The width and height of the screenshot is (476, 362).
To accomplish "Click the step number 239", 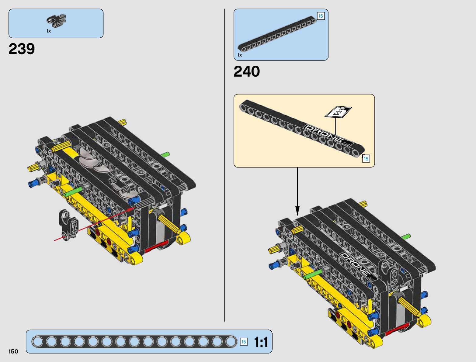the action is click(22, 49).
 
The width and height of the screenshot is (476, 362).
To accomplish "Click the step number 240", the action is click(247, 72).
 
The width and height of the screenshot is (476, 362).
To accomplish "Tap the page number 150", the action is click(13, 352).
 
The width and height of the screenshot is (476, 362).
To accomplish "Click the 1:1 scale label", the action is click(261, 342).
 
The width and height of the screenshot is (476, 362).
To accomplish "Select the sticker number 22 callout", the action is click(338, 112).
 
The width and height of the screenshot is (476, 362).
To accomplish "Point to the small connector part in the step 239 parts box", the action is click(56, 20).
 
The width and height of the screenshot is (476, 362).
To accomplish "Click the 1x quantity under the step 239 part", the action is click(49, 31).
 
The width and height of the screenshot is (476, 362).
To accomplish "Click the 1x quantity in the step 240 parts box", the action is click(240, 55).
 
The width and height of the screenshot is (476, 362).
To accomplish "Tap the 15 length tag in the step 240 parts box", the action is click(321, 16).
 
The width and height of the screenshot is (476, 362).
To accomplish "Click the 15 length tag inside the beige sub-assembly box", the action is click(366, 159).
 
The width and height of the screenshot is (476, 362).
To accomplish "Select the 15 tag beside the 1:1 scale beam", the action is click(244, 342).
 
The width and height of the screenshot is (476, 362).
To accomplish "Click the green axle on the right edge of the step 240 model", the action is click(406, 237).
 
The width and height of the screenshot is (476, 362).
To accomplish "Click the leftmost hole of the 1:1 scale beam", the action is click(38, 342).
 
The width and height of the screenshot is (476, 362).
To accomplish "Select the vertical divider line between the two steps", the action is click(225, 164).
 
